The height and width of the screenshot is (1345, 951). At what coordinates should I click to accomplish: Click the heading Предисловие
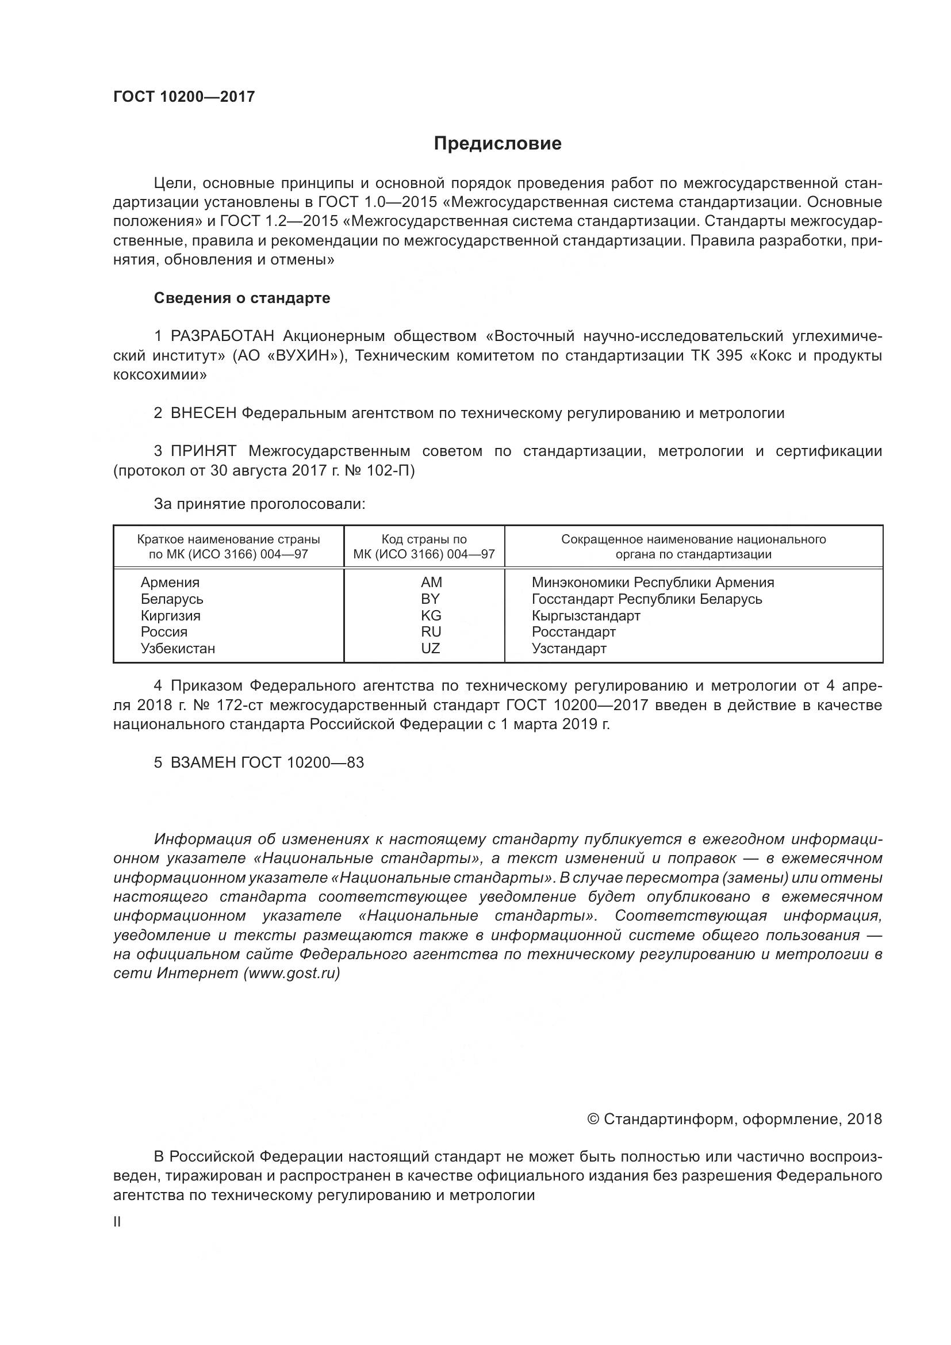[x=497, y=144]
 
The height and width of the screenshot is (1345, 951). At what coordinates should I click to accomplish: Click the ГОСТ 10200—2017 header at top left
[x=184, y=97]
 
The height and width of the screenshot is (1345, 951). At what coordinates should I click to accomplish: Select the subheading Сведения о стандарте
[x=242, y=298]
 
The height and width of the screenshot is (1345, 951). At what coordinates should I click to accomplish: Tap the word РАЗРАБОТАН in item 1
[x=222, y=336]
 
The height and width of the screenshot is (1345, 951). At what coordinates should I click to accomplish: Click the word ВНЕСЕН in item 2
[x=203, y=413]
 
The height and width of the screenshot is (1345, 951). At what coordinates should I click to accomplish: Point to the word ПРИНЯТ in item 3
[x=203, y=451]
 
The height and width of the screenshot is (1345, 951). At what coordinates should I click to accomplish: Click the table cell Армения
[x=170, y=583]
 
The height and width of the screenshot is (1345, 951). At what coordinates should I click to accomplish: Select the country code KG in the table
[x=431, y=616]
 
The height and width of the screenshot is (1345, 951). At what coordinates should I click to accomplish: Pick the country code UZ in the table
[x=431, y=649]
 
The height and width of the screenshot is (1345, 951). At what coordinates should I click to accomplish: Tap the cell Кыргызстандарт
[x=585, y=616]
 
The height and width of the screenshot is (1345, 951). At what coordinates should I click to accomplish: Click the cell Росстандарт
[x=573, y=632]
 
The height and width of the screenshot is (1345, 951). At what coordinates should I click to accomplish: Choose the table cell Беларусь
[x=171, y=599]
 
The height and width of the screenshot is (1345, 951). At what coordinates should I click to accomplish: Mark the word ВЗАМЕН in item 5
[x=203, y=762]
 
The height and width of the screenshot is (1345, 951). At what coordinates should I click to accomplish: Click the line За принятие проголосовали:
[x=259, y=504]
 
